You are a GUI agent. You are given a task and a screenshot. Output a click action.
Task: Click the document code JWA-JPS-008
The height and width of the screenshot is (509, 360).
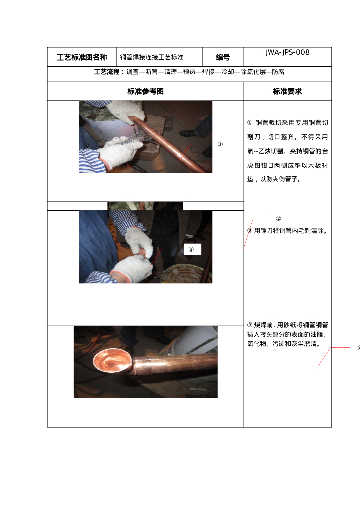click(x=287, y=52)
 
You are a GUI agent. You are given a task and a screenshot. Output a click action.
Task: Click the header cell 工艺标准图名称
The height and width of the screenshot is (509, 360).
click(x=82, y=57)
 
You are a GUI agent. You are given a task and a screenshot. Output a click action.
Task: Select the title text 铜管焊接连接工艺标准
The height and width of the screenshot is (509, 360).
click(x=152, y=57)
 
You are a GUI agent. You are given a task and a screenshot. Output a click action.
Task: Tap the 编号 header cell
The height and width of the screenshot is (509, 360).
click(x=223, y=57)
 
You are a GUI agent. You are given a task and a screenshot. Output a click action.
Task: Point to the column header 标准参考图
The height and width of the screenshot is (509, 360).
click(x=145, y=91)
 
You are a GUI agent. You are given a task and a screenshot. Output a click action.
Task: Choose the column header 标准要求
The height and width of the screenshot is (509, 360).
click(x=287, y=91)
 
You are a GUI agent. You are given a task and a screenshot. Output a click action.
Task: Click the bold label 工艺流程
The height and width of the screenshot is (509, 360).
click(x=107, y=72)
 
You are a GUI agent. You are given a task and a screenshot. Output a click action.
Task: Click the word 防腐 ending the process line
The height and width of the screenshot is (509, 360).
click(x=278, y=72)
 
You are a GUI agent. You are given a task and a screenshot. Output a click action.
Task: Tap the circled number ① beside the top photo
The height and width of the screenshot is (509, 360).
click(x=220, y=144)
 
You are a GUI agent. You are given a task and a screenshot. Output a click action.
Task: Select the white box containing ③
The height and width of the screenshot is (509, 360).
click(x=192, y=250)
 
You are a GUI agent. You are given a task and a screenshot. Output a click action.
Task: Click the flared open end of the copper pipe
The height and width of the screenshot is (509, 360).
click(x=112, y=360)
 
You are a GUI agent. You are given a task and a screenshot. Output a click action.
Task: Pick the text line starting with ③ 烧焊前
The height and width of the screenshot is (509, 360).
click(x=287, y=325)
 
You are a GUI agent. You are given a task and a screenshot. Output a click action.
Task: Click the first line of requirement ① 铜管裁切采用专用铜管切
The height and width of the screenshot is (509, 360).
click(x=287, y=122)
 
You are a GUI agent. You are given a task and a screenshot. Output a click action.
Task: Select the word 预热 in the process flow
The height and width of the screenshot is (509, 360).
click(x=189, y=72)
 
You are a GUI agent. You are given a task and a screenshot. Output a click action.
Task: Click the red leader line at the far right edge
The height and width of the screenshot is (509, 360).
click(x=334, y=357)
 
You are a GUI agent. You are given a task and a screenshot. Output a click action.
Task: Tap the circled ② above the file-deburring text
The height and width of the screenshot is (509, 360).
click(x=278, y=219)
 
